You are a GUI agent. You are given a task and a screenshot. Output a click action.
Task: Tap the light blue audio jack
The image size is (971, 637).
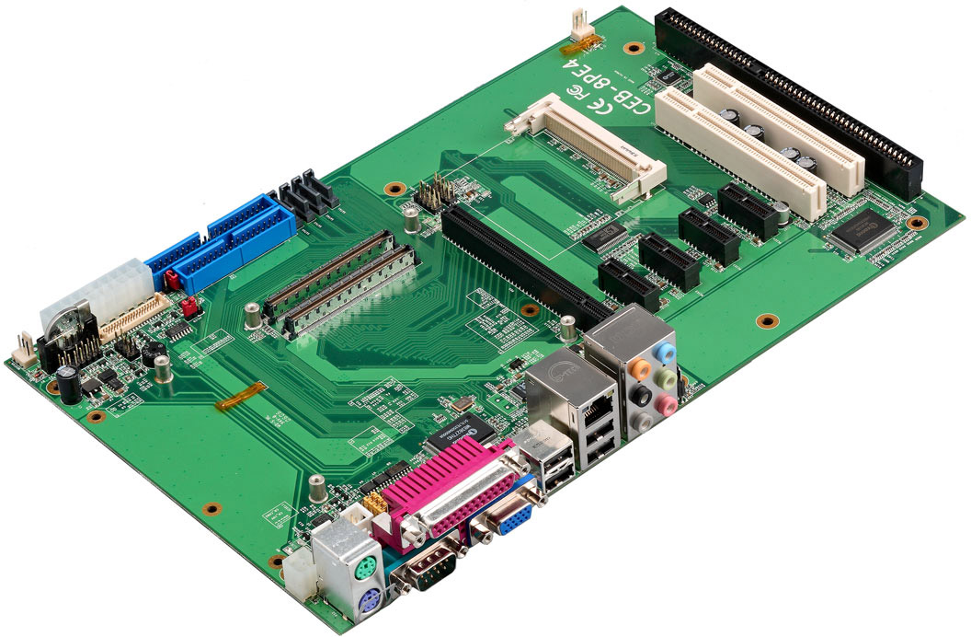tap(668, 353)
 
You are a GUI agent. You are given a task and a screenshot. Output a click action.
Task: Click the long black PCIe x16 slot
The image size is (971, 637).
tap(524, 262)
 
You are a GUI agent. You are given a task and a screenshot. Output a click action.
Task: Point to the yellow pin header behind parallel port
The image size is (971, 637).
tap(375, 502)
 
